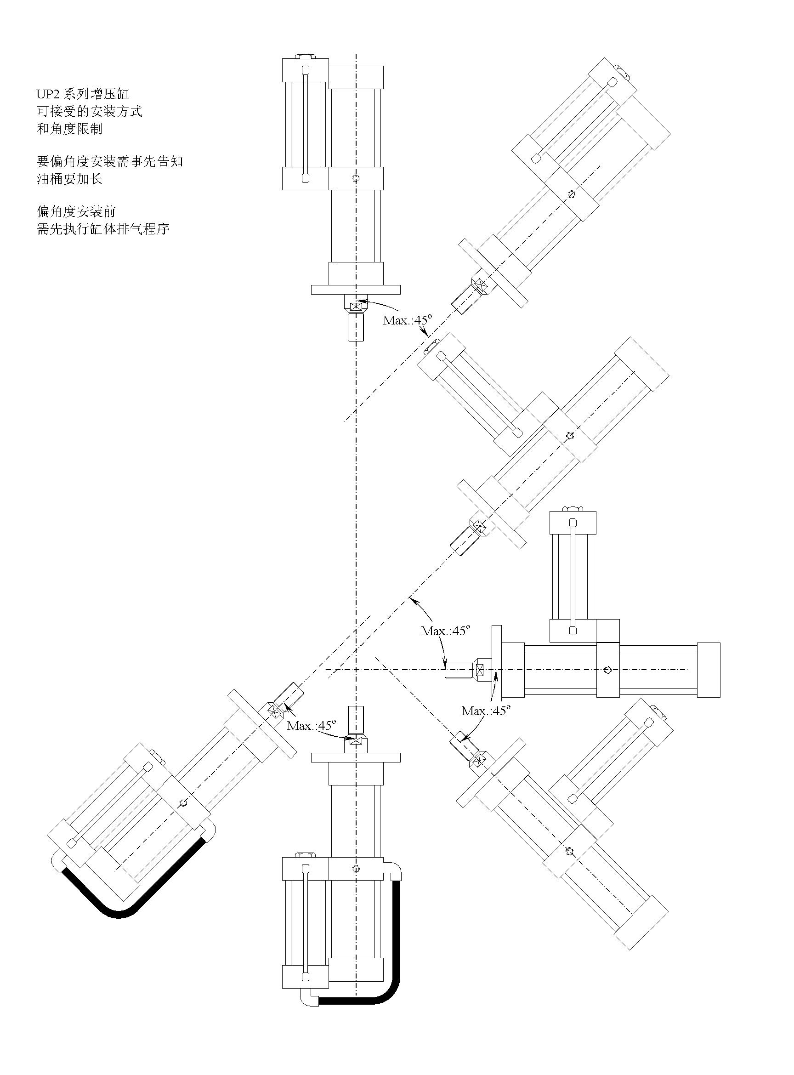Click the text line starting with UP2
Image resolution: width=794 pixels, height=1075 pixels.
83,94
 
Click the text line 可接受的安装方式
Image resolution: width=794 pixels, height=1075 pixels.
90,112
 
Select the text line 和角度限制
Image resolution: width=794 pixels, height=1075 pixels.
70,129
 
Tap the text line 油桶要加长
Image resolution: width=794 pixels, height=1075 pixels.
70,179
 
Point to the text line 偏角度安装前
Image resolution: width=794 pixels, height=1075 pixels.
76,211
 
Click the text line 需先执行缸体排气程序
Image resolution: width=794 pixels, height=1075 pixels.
103,228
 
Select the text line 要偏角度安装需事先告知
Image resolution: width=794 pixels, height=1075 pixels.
109,161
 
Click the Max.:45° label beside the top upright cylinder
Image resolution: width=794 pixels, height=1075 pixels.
408,320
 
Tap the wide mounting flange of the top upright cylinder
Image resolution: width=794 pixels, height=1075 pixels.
356,290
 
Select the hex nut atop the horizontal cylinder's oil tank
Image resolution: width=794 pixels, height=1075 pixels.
573,509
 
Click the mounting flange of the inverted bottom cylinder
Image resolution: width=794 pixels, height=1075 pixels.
356,757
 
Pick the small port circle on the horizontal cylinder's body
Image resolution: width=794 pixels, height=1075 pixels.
608,670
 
